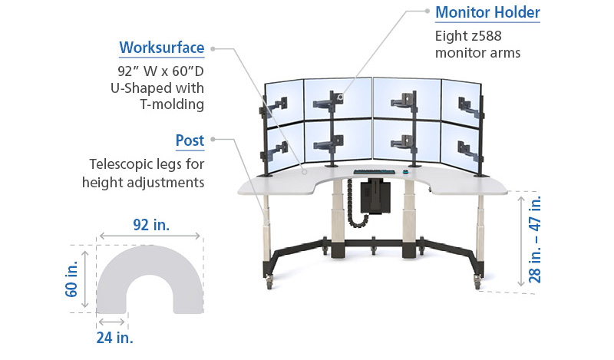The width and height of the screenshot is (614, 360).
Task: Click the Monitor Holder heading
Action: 487,12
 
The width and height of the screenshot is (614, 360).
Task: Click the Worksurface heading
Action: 162,48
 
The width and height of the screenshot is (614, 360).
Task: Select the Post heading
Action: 190,140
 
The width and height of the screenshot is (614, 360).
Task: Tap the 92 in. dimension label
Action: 151,225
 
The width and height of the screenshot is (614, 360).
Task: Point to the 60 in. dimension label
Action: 72,279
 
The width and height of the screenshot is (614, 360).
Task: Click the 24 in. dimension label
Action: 114,337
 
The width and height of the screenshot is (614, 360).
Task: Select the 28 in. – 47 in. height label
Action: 534,239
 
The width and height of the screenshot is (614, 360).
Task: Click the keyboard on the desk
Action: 375,172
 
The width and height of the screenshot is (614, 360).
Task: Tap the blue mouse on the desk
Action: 406,171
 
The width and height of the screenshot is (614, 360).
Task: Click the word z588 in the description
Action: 486,36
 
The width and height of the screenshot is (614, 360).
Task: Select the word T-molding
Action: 172,104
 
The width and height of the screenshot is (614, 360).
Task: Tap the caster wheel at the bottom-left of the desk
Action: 269,282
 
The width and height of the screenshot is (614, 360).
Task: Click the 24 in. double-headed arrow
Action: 111,322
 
